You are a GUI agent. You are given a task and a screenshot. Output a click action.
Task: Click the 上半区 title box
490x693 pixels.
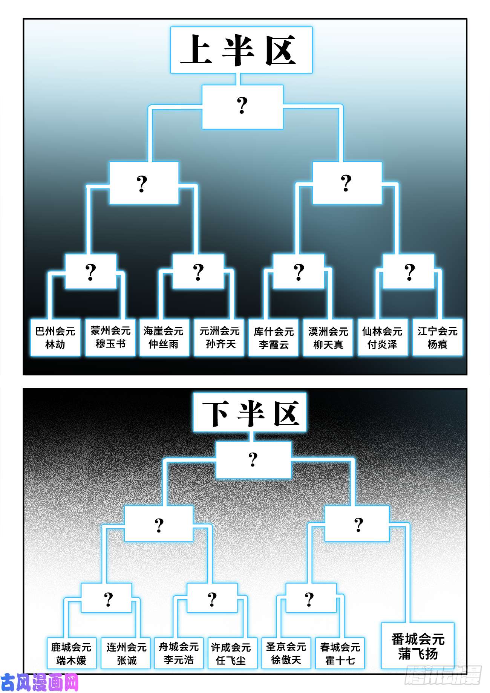click(x=241, y=50)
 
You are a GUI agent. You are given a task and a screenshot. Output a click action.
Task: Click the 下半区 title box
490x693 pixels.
click(x=250, y=413)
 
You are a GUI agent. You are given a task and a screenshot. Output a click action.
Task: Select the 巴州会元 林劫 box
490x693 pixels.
click(x=55, y=338)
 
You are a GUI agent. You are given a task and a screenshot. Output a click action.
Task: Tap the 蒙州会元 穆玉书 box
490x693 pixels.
click(x=110, y=338)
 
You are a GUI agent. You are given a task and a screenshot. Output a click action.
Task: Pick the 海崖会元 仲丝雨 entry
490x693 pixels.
click(x=164, y=338)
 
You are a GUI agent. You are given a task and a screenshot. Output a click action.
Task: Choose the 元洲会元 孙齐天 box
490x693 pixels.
click(x=219, y=338)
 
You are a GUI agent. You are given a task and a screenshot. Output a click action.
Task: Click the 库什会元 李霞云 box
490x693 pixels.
click(x=273, y=338)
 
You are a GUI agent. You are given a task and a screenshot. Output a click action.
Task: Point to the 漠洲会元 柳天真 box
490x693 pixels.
click(x=328, y=338)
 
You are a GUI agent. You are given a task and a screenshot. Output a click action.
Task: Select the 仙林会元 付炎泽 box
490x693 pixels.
click(x=383, y=338)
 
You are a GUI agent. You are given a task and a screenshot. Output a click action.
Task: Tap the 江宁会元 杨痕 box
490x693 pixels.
click(x=438, y=338)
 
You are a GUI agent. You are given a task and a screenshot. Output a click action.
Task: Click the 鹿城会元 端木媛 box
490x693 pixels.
click(x=72, y=653)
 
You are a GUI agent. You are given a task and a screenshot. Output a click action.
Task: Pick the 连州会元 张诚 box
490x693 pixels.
click(x=126, y=653)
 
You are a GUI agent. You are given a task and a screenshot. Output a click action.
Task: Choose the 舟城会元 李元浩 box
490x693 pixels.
click(x=179, y=653)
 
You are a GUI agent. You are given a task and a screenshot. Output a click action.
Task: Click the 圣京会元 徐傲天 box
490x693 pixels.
click(x=286, y=653)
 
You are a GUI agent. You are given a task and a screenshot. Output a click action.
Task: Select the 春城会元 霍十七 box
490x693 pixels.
click(x=340, y=653)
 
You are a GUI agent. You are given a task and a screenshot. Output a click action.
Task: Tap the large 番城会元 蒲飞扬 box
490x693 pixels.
click(x=418, y=646)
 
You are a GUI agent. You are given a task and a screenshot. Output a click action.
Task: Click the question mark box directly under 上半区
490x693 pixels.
click(x=242, y=107)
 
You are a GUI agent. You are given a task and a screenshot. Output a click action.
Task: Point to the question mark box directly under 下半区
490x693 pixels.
click(x=253, y=460)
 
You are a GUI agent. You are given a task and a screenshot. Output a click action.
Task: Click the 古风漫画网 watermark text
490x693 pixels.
click(x=40, y=682)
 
